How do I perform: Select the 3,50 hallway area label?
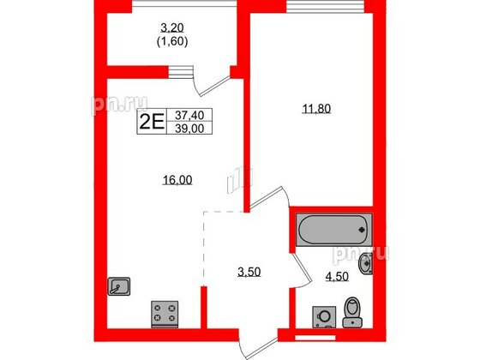[249, 275]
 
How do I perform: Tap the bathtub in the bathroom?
[333, 230]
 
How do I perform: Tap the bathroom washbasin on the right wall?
[367, 263]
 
